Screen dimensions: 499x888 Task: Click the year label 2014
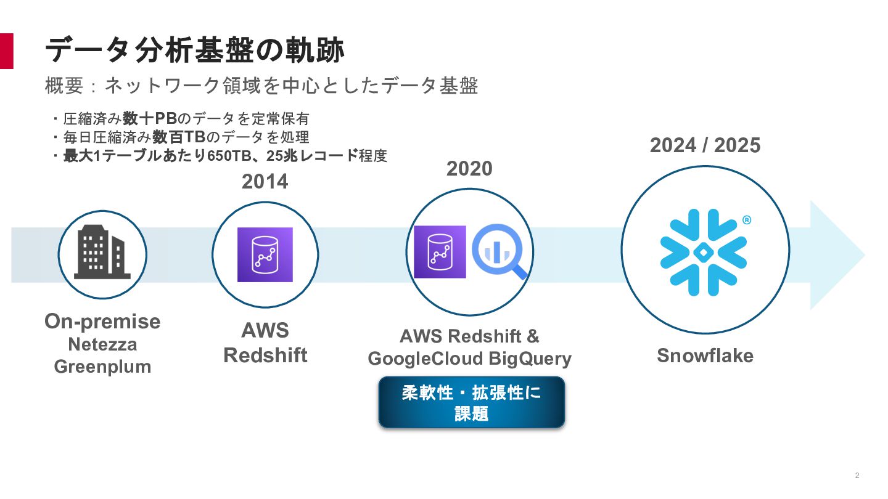(x=265, y=182)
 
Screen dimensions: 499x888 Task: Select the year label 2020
(x=469, y=168)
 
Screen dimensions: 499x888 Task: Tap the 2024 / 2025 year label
(x=705, y=145)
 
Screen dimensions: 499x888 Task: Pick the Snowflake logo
(x=704, y=251)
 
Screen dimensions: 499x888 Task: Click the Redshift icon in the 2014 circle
(x=265, y=254)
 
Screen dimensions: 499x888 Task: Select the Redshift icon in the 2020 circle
(x=440, y=252)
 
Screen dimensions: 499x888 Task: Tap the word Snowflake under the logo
(x=705, y=355)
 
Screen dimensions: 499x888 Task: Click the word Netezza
(x=102, y=344)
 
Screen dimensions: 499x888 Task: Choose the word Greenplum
(x=102, y=367)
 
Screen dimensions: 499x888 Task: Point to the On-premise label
(x=102, y=321)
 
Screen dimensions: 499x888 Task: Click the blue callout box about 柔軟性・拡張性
(x=471, y=402)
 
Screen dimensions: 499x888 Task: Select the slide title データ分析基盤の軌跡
(x=195, y=51)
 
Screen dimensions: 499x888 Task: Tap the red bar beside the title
(x=6, y=51)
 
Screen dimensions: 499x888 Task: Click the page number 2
(x=857, y=476)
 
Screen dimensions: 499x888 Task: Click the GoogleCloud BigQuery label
(x=469, y=359)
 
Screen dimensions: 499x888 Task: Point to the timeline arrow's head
(x=839, y=254)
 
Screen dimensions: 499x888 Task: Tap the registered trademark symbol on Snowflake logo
(x=746, y=220)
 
